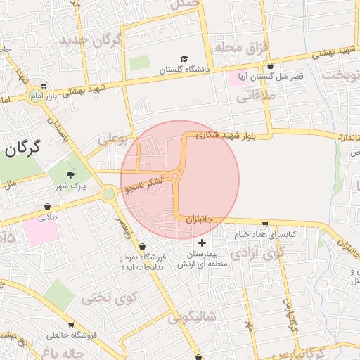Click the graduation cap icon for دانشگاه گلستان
[184, 58]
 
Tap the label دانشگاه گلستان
[184, 70]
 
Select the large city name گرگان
[21, 147]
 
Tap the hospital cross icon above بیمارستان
[203, 243]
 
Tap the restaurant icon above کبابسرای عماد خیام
[264, 224]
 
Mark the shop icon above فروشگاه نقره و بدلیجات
[143, 247]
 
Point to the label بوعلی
[114, 140]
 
